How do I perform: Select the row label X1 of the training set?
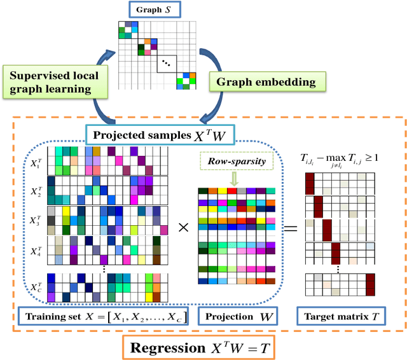click(x=36, y=158)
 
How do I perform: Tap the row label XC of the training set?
click(x=36, y=288)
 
